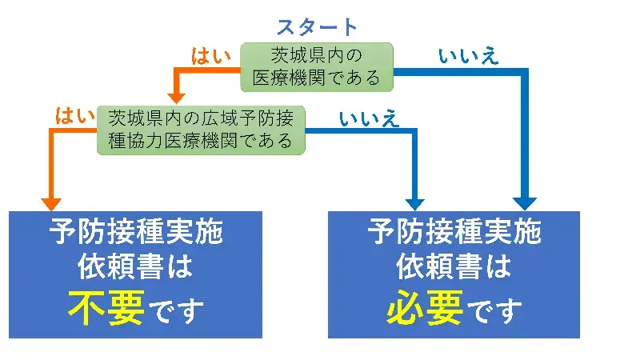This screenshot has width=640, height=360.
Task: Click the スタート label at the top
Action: point(318,26)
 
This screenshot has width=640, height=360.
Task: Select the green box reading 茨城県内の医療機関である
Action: point(318,67)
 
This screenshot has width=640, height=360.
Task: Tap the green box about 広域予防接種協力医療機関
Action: point(200,130)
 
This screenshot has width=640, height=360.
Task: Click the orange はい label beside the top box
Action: point(210,56)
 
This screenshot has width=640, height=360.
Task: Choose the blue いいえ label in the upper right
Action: point(468,56)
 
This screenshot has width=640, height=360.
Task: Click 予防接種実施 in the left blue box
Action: point(135,233)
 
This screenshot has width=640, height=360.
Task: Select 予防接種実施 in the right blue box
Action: point(454,233)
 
